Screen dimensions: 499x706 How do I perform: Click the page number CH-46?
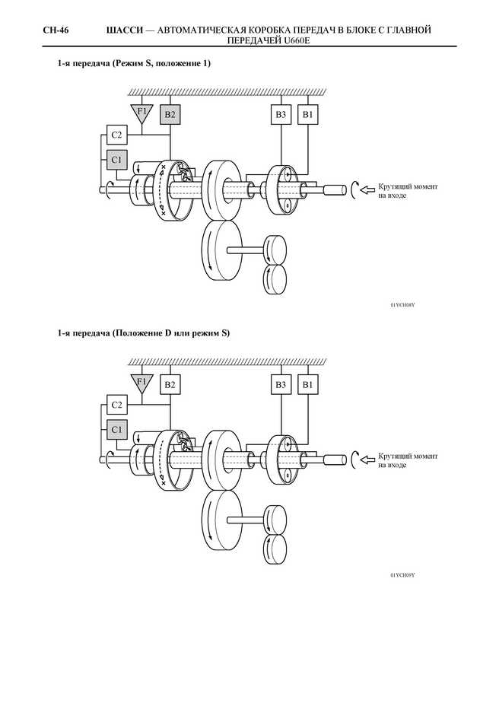click(56, 30)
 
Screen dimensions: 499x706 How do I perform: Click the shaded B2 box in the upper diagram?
click(170, 114)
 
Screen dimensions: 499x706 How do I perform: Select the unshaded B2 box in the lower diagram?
click(170, 384)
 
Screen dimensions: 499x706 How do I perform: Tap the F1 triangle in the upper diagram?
click(141, 113)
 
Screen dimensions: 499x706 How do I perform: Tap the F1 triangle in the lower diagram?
click(141, 383)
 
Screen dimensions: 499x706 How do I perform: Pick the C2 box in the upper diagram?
click(116, 135)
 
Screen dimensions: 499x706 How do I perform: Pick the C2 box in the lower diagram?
click(116, 405)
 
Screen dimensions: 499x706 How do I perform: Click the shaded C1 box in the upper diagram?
click(116, 160)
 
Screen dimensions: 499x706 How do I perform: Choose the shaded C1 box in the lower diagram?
click(116, 430)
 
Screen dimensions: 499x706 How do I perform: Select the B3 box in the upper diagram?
click(281, 114)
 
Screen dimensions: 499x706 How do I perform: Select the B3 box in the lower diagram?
click(281, 384)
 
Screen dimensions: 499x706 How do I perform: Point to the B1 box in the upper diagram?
click(307, 114)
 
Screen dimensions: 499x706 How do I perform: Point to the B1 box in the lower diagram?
click(307, 384)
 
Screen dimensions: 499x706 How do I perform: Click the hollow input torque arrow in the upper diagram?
click(368, 190)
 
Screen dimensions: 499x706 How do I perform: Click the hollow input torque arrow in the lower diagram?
click(368, 460)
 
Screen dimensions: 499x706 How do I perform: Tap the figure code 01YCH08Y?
click(402, 305)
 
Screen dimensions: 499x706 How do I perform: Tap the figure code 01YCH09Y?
click(402, 575)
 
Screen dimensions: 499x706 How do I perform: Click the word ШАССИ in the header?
click(125, 30)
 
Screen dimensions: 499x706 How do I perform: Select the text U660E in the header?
click(299, 40)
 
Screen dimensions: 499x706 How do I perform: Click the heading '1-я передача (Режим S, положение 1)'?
click(134, 63)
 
